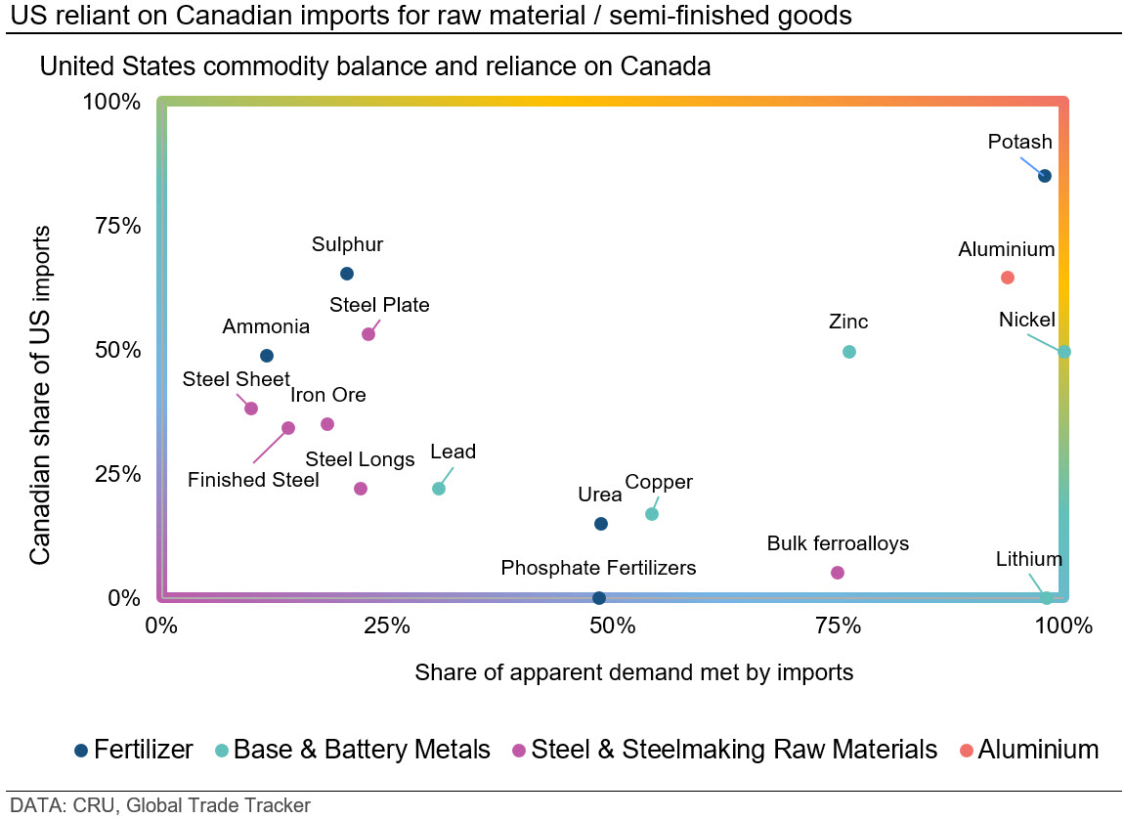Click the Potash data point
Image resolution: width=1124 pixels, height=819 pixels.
pos(1045,176)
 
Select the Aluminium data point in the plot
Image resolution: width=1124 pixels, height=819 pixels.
pos(1007,278)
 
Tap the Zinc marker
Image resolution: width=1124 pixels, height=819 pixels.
pos(848,352)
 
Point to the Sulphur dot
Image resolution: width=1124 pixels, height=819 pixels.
pos(346,274)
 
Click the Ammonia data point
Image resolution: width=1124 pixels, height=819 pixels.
pos(267,356)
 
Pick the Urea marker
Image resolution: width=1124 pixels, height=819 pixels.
pos(601,524)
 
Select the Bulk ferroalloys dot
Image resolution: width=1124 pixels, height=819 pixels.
pos(838,573)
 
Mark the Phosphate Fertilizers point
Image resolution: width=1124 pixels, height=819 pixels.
pos(598,597)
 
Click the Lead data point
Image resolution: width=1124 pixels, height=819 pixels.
pos(439,489)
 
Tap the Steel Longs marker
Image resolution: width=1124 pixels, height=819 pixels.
pos(361,489)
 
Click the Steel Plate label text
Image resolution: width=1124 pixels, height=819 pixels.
pos(379,305)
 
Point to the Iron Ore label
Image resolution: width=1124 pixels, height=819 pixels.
pos(327,395)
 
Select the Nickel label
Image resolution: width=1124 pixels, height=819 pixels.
pos(1026,320)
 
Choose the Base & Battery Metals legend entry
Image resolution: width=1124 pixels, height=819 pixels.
pos(353,750)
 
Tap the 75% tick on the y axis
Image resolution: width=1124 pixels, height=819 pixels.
pos(118,226)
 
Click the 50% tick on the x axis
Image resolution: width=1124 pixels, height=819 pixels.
pos(612,625)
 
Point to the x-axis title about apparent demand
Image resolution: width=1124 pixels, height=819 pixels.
pos(633,672)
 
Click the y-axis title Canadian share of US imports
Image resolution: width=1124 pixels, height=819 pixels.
pos(40,395)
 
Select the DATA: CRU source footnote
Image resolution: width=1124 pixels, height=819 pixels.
pos(160,805)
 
